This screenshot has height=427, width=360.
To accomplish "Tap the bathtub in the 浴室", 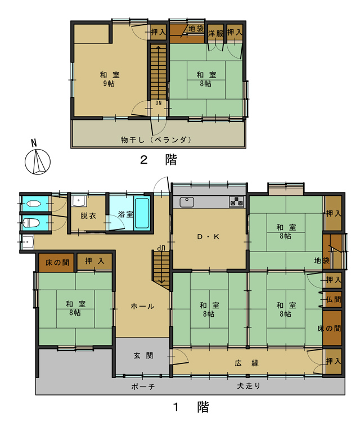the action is tap(142, 214).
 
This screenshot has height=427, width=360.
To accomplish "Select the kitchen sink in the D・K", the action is tap(187, 202).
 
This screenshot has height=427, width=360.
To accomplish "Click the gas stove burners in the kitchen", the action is tap(236, 202).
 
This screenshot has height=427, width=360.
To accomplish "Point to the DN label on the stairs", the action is tap(159, 103).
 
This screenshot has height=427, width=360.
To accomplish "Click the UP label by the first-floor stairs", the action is tap(161, 248).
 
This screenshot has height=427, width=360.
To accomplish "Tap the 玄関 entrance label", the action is tap(143, 356).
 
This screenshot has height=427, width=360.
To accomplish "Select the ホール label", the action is tap(142, 307).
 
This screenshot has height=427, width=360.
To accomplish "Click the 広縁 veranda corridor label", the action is tap(246, 363).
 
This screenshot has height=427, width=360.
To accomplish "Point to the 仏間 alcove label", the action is tap(334, 299).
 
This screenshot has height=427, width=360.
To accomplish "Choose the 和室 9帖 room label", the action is tap(110, 79).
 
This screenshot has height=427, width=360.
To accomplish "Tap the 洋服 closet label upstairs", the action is tap(215, 34).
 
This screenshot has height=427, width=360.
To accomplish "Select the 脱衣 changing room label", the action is tap(88, 215).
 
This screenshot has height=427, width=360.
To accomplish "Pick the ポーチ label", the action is tap(143, 386).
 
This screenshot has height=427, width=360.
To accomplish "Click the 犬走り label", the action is tap(249, 385).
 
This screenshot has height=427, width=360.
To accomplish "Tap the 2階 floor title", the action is tap(159, 160).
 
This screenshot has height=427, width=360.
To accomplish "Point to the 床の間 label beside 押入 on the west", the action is tap(57, 263).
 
